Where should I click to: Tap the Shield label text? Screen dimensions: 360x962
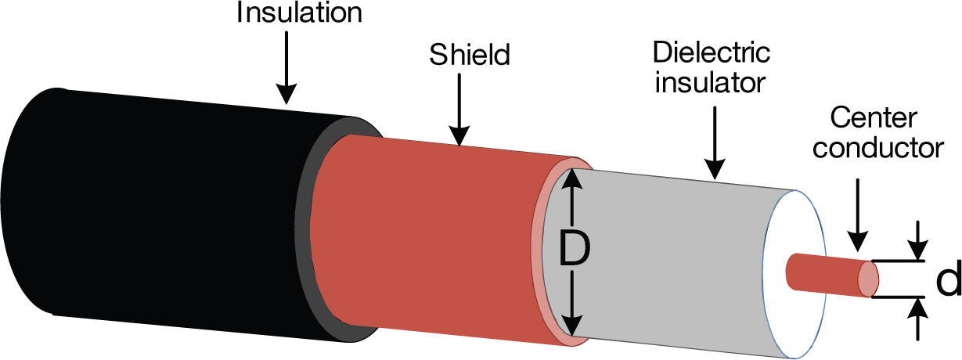[x=469, y=56]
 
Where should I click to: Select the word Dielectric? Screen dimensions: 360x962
[x=712, y=54]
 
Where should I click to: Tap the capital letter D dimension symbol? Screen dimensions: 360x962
[x=574, y=250]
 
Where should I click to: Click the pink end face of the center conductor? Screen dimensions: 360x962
[x=869, y=279]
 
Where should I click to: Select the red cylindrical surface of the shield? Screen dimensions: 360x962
[x=438, y=235]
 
